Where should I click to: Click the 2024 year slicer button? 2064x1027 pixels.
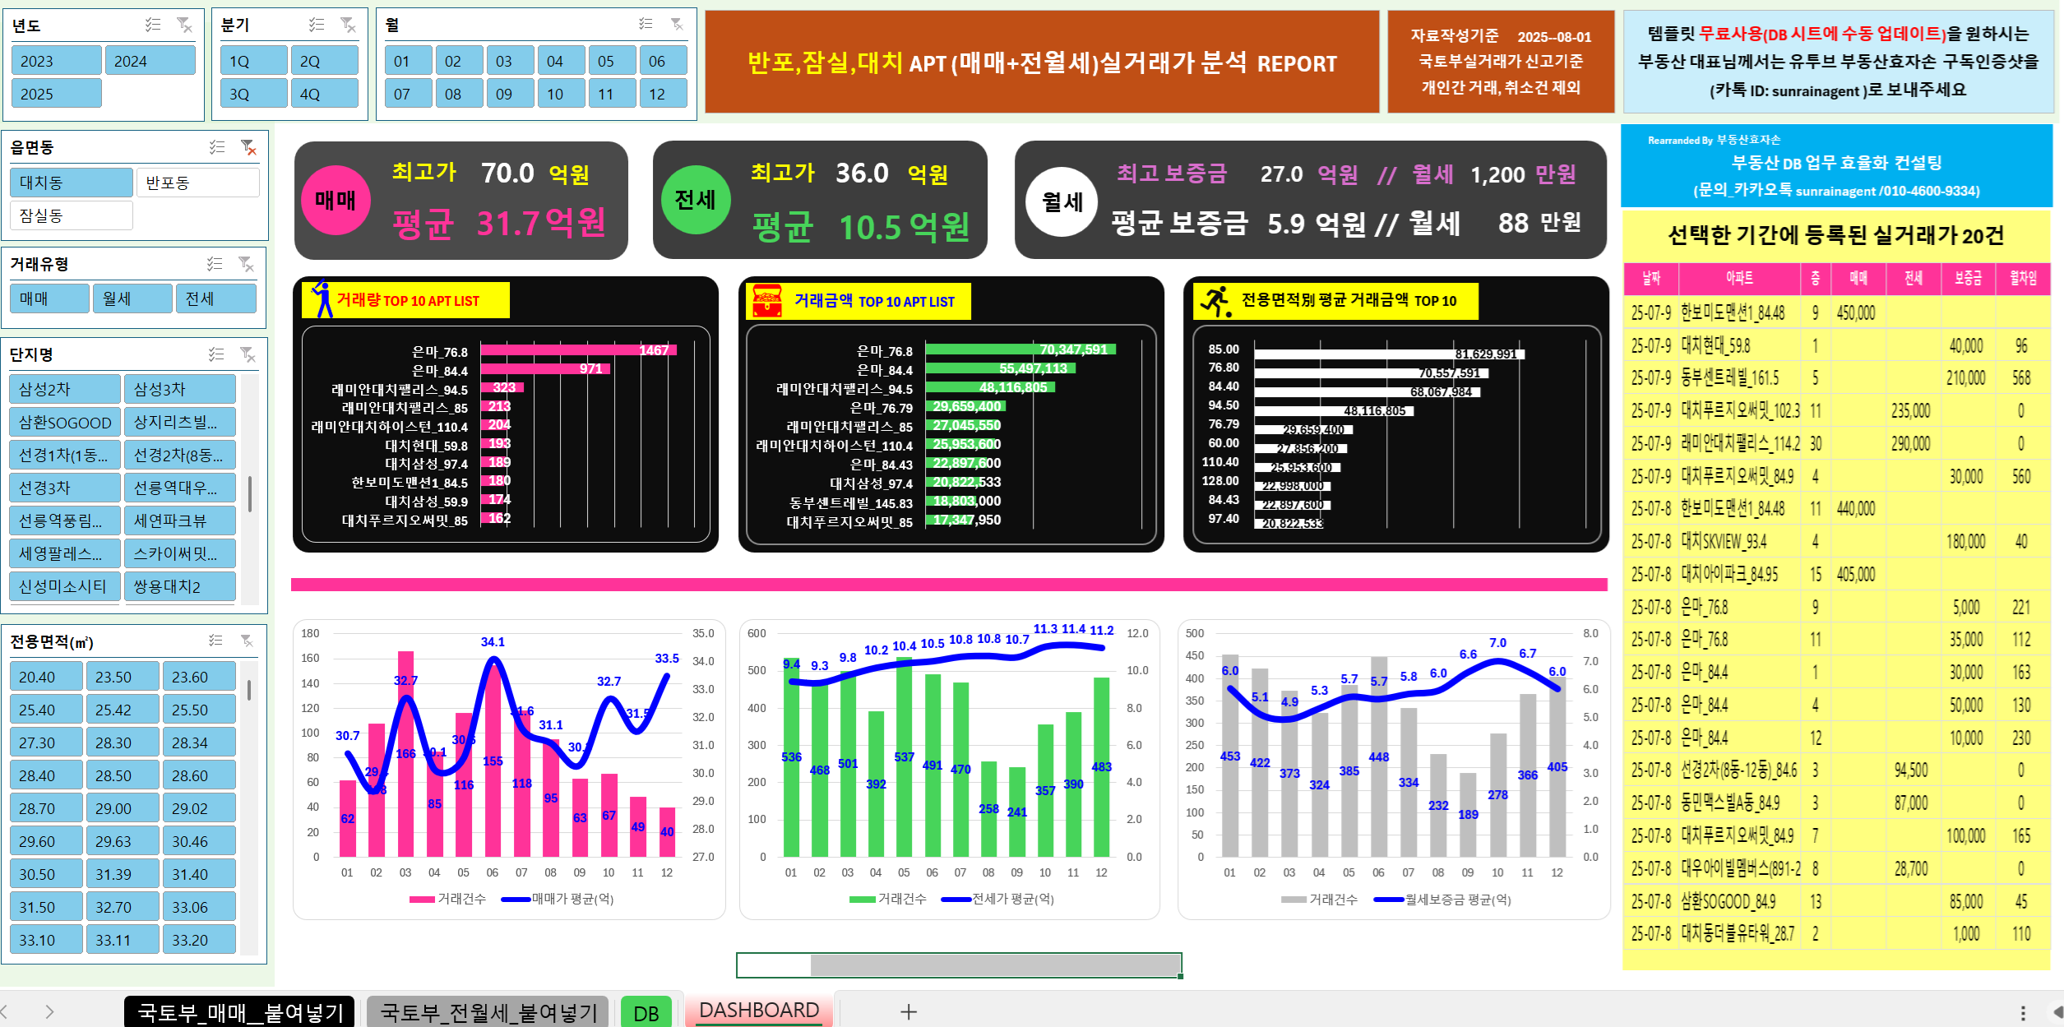150,61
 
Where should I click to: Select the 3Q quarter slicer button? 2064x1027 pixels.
253,94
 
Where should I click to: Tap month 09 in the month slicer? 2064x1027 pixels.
504,94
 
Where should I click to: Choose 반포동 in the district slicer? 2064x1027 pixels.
197,183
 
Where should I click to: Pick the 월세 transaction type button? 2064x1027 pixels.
132,298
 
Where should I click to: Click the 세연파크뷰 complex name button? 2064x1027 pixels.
179,520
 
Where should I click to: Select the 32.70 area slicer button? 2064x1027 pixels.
122,907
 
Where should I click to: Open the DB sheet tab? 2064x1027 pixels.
646,1012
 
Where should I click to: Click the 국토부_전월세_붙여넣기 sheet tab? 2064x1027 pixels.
488,1012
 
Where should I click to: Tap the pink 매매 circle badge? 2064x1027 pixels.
336,200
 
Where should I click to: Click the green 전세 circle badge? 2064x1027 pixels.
696,200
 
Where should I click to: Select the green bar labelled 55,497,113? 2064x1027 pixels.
999,368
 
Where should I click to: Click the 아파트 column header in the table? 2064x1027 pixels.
1739,279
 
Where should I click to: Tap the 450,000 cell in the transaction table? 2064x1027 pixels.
1857,313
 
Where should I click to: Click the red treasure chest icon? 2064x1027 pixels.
767,301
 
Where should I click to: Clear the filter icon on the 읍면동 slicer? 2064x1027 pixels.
248,147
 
